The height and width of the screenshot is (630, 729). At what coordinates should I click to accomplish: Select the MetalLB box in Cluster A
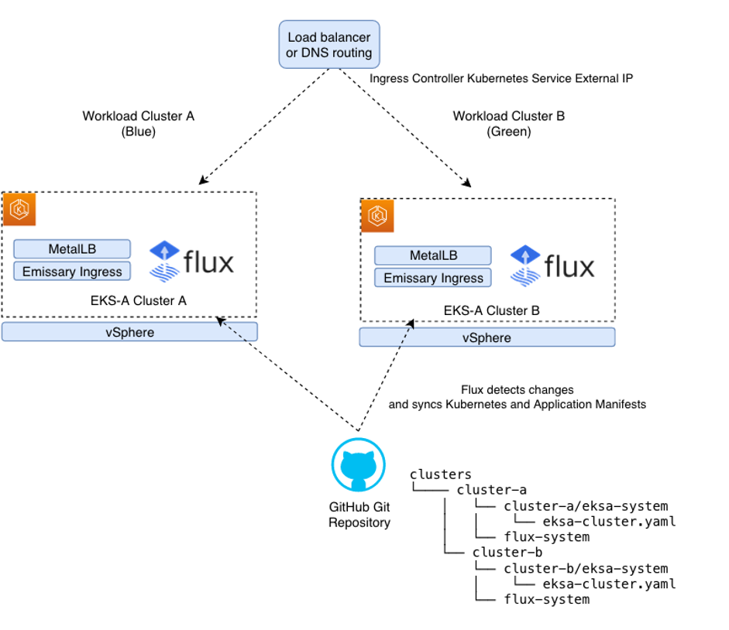tap(72, 249)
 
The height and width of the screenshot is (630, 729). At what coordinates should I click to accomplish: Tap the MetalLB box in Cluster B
tap(432, 255)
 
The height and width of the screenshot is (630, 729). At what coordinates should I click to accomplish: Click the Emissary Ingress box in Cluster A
tap(72, 272)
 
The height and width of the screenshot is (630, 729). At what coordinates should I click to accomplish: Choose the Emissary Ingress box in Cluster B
tap(432, 278)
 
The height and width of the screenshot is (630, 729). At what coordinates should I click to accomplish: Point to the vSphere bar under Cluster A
tap(129, 332)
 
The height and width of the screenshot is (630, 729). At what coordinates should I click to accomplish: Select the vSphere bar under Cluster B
tap(487, 337)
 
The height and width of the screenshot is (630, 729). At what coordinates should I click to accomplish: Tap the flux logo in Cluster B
tap(552, 266)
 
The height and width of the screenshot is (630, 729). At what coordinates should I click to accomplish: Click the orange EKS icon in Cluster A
tap(19, 210)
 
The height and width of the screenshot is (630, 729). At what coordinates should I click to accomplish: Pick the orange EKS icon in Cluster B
tap(378, 216)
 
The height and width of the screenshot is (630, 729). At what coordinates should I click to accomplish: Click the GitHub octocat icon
tap(359, 466)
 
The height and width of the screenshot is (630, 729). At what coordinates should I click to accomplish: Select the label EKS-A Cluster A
tap(136, 301)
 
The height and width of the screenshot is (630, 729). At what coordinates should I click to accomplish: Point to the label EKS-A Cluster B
tap(491, 310)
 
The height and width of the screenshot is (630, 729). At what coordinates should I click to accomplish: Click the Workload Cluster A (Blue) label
tap(138, 124)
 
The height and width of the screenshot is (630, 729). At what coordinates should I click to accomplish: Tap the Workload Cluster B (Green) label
tap(508, 124)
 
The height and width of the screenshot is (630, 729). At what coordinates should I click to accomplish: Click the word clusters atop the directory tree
tap(440, 474)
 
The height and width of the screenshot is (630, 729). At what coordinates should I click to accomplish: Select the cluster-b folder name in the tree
tap(507, 552)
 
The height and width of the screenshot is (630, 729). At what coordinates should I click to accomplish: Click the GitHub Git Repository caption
tap(359, 515)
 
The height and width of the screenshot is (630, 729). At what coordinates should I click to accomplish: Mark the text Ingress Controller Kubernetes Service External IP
tap(501, 78)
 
